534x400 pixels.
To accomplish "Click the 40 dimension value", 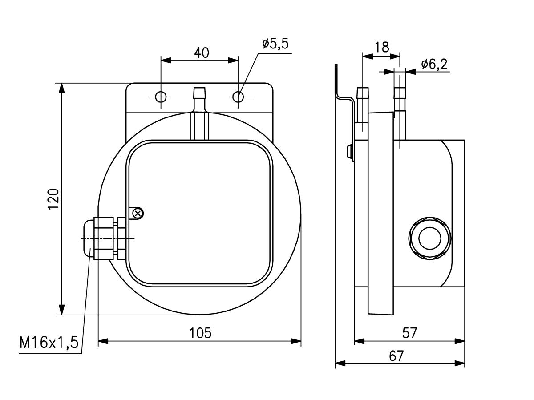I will (x=202, y=53).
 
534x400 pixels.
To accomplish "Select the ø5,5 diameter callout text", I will (x=275, y=44).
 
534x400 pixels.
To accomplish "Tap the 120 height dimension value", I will (x=53, y=198).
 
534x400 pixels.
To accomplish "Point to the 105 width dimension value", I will (x=200, y=332).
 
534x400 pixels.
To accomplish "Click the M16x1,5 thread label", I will (x=49, y=343).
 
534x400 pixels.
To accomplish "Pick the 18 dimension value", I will (x=382, y=47).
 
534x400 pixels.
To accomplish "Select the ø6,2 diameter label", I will (x=434, y=65).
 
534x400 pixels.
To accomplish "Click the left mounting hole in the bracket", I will (x=161, y=97).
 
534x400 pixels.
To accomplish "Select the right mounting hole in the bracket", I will (x=238, y=97).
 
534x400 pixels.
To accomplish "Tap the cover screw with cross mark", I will (x=138, y=214).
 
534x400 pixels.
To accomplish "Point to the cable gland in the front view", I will (x=105, y=238).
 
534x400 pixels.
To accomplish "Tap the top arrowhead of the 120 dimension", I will (x=62, y=88).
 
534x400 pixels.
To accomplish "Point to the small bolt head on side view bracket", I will (x=350, y=151).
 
